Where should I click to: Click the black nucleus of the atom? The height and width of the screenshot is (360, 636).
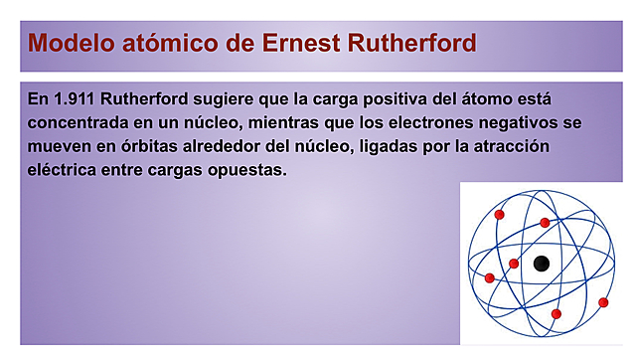tap(541, 264)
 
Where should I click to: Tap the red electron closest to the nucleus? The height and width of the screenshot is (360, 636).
tap(514, 264)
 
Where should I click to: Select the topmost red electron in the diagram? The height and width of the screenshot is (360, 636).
tap(500, 214)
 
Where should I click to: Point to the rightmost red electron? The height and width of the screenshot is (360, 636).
tap(603, 301)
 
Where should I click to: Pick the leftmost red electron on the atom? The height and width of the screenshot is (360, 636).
tap(489, 278)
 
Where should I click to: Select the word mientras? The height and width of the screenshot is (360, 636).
tap(321, 123)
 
